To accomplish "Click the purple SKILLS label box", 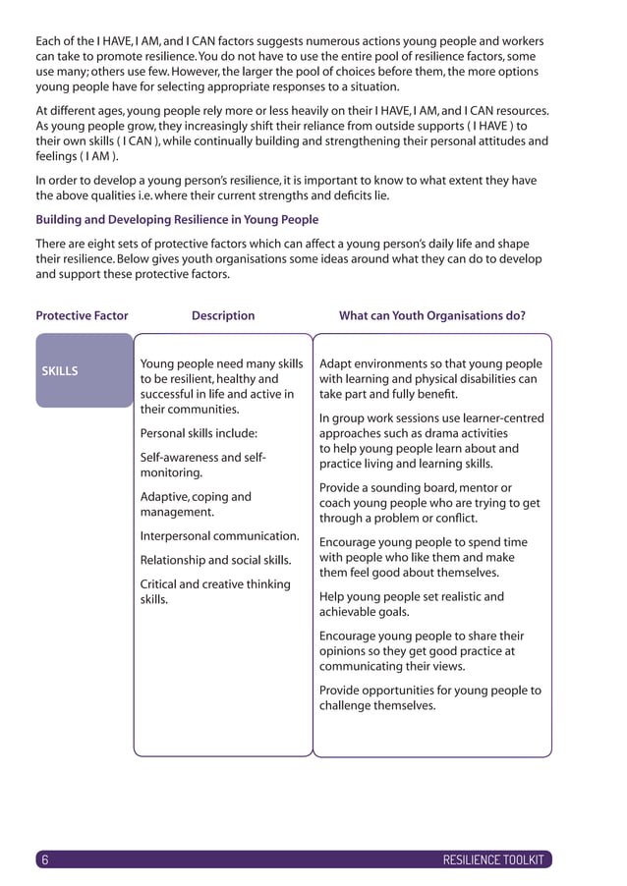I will point(84,370).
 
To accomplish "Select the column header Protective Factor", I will point(82,315).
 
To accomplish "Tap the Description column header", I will point(223,315).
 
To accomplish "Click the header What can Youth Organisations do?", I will point(431,315).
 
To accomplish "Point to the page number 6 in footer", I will point(44,859).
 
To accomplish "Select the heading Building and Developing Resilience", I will point(177,219).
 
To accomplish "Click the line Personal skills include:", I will point(199,432).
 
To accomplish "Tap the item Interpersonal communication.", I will point(220,535).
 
